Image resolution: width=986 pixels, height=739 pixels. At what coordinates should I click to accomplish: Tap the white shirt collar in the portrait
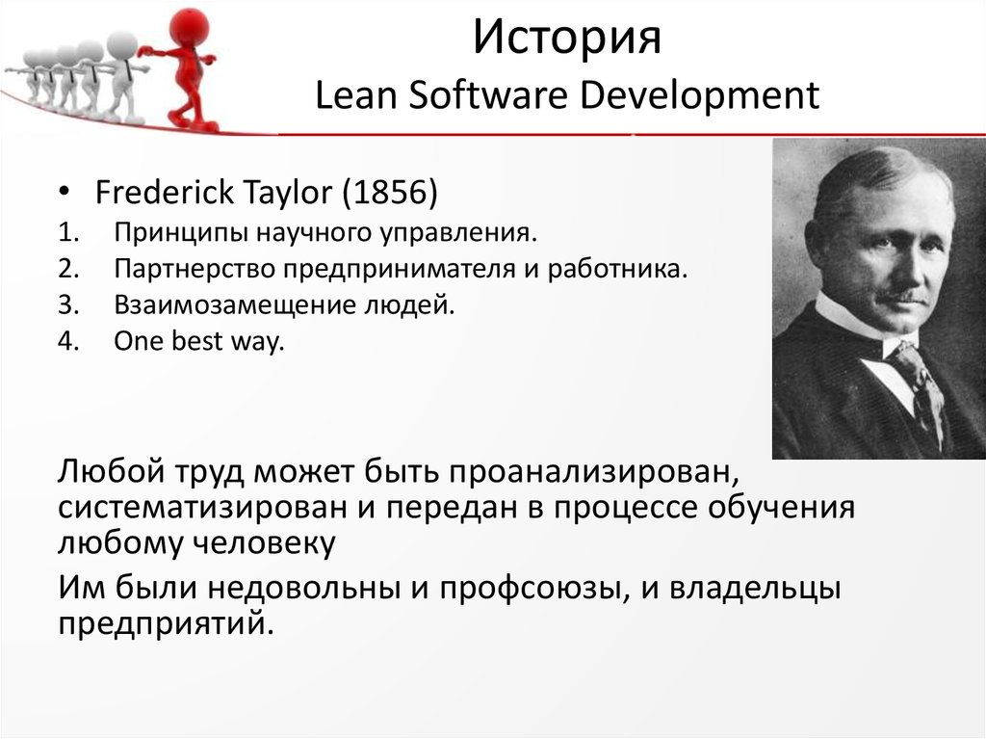[847, 323]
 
